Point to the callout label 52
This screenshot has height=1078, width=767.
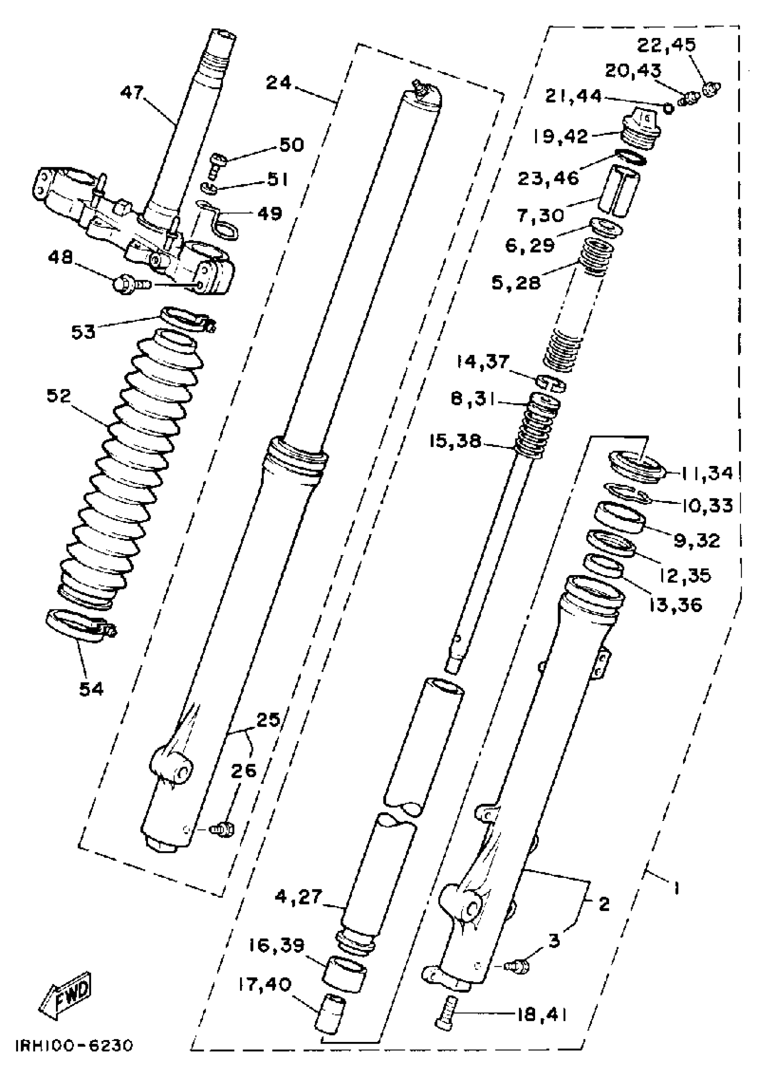tap(59, 396)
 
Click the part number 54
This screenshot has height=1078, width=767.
tap(91, 689)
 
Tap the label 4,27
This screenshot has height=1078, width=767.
tap(299, 897)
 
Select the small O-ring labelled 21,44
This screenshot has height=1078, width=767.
tap(668, 109)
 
